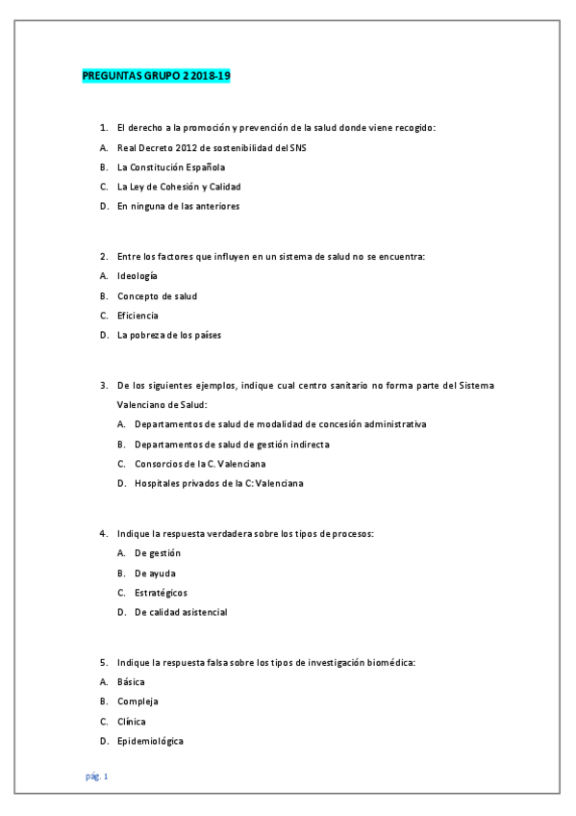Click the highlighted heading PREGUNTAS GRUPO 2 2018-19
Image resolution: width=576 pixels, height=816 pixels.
(157, 76)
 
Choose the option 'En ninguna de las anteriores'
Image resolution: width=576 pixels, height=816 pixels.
(178, 205)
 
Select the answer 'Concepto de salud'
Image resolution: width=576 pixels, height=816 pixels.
(157, 295)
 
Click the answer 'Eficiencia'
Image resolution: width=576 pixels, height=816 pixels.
(138, 315)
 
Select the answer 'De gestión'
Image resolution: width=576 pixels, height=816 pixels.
(158, 552)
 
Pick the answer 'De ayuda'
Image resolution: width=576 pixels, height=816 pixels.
(155, 573)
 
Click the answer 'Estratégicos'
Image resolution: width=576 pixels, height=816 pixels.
(162, 592)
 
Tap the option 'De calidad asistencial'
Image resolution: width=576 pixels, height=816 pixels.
(181, 612)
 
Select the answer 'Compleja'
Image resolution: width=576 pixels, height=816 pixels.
(138, 701)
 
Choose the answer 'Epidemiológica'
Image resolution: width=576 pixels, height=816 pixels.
(150, 741)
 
